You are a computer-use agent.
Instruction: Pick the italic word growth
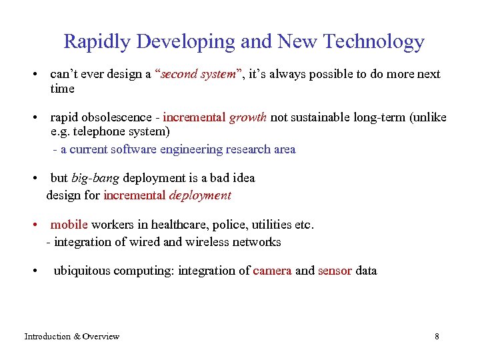click(248, 118)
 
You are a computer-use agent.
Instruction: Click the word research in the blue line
click(246, 149)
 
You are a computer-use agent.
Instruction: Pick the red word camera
click(272, 271)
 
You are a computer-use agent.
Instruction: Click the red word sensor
click(335, 271)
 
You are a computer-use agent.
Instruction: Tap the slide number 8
click(437, 337)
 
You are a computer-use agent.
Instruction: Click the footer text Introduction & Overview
click(72, 337)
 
